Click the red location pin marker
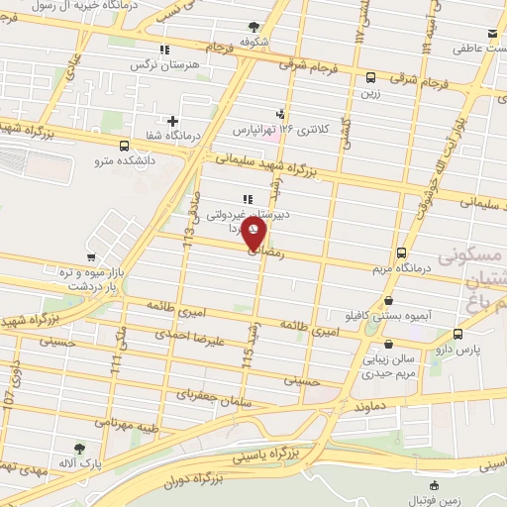(254, 234)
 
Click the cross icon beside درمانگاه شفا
(172, 121)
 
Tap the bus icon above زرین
(370, 77)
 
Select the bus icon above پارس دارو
(456, 334)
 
